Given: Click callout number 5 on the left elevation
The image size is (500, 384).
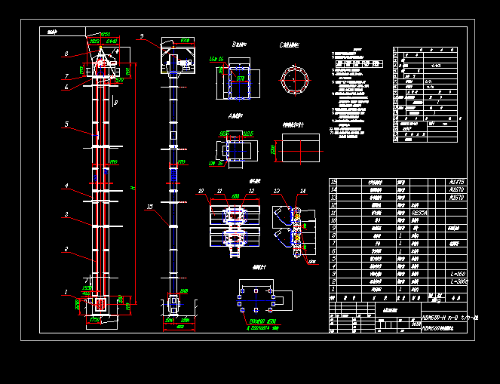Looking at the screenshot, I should pos(66,124).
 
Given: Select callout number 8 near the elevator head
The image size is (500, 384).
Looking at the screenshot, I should pos(66,54).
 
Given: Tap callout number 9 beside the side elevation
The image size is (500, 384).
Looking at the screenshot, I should pos(140,36).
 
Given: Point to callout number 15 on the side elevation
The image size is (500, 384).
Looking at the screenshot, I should pos(149,205).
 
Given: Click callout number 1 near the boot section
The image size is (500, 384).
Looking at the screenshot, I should pos(66,291).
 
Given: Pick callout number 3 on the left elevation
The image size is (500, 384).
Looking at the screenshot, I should pos(66,215).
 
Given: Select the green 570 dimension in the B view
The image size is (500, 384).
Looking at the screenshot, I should pos(241,77).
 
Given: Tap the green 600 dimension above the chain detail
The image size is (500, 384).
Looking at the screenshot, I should pos(236,195).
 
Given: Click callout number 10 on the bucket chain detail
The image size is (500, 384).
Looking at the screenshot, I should pos(201,191).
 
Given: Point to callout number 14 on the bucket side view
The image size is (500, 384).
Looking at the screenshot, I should pos(302,191).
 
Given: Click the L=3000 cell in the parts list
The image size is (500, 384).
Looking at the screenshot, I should pos(458,281).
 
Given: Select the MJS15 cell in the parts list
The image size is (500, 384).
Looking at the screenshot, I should pos(457,182).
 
